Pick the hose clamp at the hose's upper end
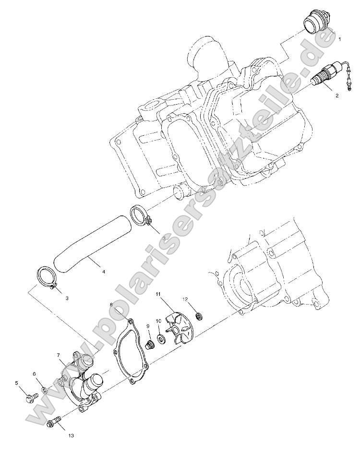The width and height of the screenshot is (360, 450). tap(141, 216)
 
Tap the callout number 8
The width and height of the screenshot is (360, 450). tap(111, 305)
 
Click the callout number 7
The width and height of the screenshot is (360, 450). tap(58, 355)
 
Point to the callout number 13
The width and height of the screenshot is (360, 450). tap(71, 436)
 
